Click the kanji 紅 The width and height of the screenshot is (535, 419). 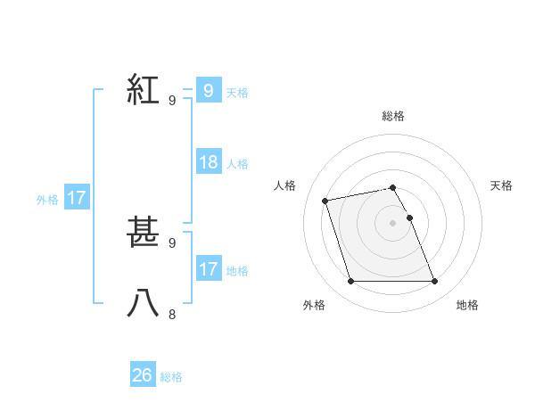[x=143, y=90]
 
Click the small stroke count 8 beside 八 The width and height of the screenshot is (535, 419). [x=172, y=314]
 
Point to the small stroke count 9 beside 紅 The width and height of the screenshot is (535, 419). [x=172, y=101]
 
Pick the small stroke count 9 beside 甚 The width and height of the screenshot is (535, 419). [x=172, y=242]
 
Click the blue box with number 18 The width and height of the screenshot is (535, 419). [x=209, y=162]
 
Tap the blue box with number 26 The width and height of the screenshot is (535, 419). [x=143, y=375]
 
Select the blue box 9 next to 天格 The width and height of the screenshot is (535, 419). [x=209, y=91]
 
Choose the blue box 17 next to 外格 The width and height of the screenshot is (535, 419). [x=77, y=198]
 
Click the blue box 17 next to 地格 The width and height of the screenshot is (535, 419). [x=209, y=269]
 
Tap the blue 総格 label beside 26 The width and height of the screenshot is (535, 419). [x=171, y=377]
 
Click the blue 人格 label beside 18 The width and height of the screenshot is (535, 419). [x=237, y=164]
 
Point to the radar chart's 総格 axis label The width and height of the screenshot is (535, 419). [x=393, y=116]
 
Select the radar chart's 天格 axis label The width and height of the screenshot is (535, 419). [x=502, y=185]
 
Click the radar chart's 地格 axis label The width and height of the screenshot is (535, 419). [x=467, y=305]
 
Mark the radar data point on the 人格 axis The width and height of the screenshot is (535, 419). [x=325, y=200]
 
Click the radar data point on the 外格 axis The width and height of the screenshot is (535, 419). [x=350, y=282]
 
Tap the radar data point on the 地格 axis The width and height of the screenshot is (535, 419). [x=434, y=282]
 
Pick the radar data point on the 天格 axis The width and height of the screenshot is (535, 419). [x=409, y=218]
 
